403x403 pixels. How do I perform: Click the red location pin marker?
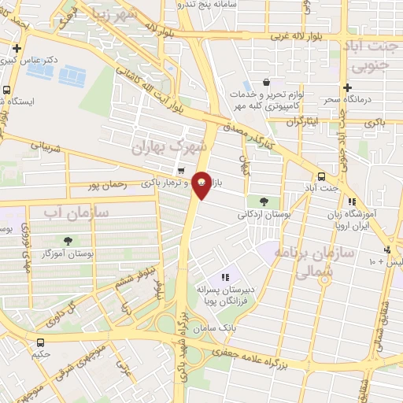[x=201, y=185]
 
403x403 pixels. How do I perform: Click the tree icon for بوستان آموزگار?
[x=68, y=241]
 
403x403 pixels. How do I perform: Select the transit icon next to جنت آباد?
[x=321, y=176]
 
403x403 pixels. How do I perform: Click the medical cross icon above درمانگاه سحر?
[x=346, y=87]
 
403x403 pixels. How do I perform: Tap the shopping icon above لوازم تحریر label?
[x=266, y=82]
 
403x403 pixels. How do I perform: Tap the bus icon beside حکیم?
[x=40, y=342]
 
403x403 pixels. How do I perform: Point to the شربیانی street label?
[x=45, y=147]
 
